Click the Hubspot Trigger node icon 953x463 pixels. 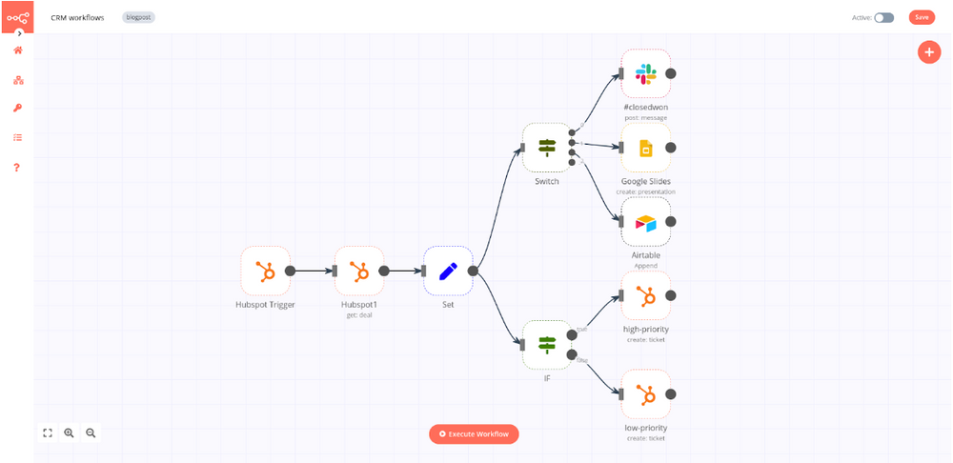click(x=265, y=271)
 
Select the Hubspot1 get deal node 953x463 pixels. click(x=359, y=271)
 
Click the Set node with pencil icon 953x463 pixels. click(x=448, y=271)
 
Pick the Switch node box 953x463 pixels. click(x=547, y=147)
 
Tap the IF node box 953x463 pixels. click(x=547, y=344)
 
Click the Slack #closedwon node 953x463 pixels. click(x=646, y=73)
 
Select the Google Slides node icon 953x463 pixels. click(x=646, y=148)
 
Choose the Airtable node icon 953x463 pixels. click(x=646, y=222)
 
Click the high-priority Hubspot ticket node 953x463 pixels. click(x=646, y=296)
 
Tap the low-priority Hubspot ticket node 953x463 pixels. click(x=646, y=393)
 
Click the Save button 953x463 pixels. click(x=922, y=17)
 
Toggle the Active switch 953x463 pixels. click(x=884, y=17)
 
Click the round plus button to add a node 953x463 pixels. click(x=929, y=52)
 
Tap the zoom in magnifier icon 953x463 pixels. click(x=69, y=433)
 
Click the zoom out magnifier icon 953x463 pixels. click(x=91, y=433)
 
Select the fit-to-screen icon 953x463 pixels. click(x=48, y=433)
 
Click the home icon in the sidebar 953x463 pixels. click(x=17, y=50)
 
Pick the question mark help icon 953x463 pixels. click(x=17, y=168)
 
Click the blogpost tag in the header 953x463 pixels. click(x=139, y=17)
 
